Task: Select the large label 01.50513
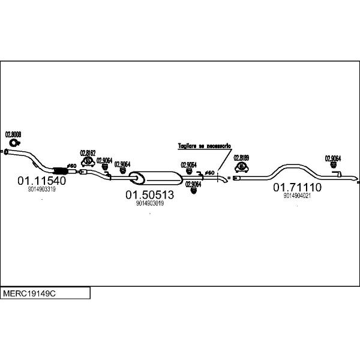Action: coord(149,195)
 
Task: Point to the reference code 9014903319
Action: coord(41,189)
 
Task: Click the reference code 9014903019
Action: coord(149,204)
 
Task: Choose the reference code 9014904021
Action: coord(298,196)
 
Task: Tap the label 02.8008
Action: coord(13,135)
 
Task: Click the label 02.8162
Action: coord(88,153)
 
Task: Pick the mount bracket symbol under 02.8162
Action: coord(88,161)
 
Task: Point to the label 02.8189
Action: coord(242,157)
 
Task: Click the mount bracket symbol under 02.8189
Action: coord(242,166)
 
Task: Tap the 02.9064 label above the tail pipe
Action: coord(333,158)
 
